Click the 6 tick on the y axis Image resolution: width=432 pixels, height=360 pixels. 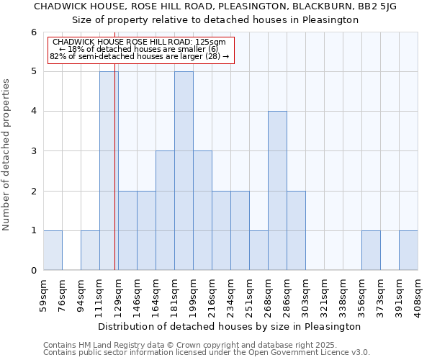[x=33, y=32]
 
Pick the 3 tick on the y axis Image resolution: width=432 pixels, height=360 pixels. [x=33, y=151]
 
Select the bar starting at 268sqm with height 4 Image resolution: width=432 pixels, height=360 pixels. [x=277, y=191]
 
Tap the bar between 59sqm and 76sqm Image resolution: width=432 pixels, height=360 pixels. [x=53, y=250]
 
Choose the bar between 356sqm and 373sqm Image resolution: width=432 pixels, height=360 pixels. [x=371, y=250]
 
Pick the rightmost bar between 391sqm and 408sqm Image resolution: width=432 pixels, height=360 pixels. [x=408, y=250]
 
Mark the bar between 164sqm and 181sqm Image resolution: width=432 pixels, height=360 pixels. [x=165, y=210]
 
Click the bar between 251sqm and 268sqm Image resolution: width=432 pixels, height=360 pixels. [x=258, y=250]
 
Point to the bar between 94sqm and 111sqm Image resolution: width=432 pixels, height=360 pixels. [x=90, y=250]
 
